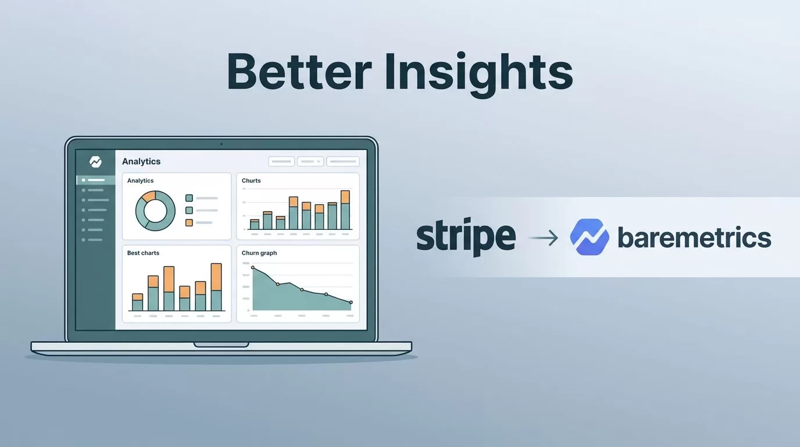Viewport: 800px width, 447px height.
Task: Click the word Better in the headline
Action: coord(299,72)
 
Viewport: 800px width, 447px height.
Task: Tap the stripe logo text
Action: coord(466,237)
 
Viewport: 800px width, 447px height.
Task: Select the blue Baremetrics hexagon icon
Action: coord(590,237)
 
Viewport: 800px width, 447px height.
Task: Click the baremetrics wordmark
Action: coord(694,237)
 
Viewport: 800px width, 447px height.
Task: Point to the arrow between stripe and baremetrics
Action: coord(543,238)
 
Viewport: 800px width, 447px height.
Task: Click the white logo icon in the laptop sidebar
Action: coord(95,162)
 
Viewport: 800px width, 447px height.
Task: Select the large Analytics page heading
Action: coord(141,162)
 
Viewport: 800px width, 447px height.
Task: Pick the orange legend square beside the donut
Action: coord(190,223)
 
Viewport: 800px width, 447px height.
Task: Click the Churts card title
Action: coord(251,180)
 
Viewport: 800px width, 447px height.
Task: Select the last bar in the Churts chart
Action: coord(345,210)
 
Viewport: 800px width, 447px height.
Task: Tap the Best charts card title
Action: coord(143,253)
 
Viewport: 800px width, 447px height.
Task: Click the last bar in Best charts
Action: coord(216,287)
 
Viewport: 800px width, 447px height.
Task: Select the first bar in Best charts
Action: coord(137,302)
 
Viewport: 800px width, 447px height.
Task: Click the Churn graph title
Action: coord(259,253)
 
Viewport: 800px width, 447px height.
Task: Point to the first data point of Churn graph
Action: coord(253,268)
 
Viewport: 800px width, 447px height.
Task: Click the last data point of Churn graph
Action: coord(351,303)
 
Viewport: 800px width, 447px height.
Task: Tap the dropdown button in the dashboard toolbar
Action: coord(310,162)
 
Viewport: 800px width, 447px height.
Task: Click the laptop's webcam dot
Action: coord(222,144)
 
